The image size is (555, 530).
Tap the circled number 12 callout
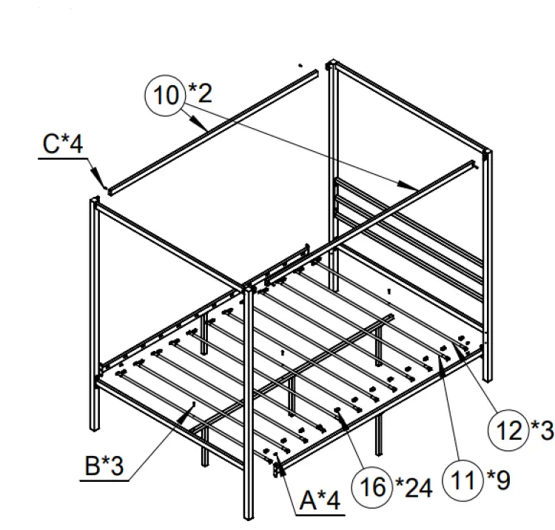508,429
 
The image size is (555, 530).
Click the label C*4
62,144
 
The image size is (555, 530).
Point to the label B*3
101,466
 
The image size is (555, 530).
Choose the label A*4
320,501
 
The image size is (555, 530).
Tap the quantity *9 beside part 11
497,481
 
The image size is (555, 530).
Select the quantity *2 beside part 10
199,93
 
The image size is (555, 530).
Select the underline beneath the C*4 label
62,157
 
